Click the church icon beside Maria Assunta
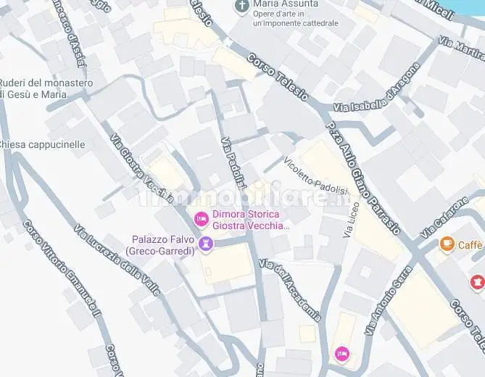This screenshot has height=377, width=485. pyautogui.click(x=242, y=7)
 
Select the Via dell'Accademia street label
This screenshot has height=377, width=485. pyautogui.click(x=290, y=289)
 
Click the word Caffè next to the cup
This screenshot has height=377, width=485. pyautogui.click(x=471, y=245)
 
